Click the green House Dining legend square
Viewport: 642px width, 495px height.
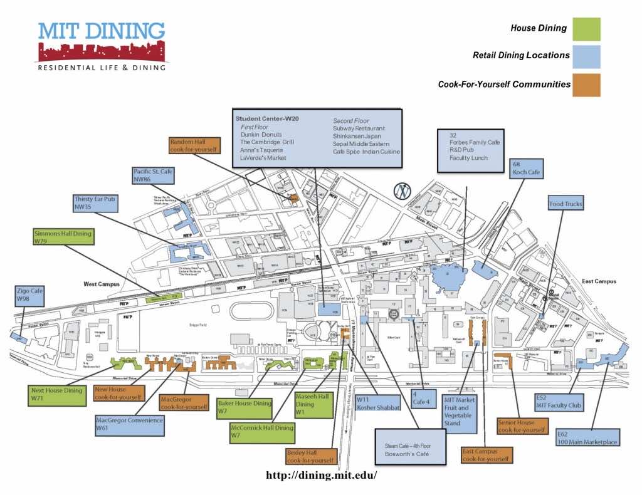coord(586,29)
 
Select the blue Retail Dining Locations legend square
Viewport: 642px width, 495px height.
coord(586,56)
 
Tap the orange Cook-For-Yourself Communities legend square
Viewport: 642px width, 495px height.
coord(586,85)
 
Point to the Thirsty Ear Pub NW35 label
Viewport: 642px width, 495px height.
coord(95,203)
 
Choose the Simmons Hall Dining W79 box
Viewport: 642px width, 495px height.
coord(63,237)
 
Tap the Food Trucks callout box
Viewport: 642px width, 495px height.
coord(566,204)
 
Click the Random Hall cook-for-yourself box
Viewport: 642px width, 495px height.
coord(194,145)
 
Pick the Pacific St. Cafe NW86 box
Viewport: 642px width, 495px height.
coord(153,175)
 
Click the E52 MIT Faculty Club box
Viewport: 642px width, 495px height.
coord(559,401)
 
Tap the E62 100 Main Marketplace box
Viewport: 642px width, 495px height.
coord(587,437)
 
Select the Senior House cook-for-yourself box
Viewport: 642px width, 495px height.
coord(521,426)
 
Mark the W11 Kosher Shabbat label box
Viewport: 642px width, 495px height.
coord(378,402)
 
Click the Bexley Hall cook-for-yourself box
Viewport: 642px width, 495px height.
coord(311,456)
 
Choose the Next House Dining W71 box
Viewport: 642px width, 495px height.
coord(56,395)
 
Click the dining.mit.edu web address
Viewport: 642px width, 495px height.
coord(321,475)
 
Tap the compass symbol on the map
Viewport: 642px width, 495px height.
coord(402,190)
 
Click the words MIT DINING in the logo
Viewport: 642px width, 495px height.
coord(102,31)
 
